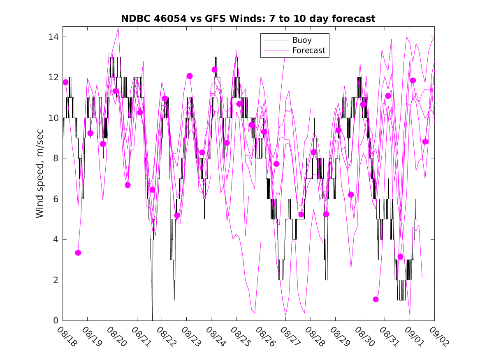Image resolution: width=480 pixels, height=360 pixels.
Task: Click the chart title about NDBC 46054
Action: (248, 19)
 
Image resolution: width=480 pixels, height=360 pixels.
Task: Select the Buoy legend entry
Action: (302, 40)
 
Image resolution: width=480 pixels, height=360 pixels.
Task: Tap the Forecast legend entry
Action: (308, 51)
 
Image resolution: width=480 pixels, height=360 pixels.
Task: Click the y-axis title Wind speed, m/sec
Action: (40, 173)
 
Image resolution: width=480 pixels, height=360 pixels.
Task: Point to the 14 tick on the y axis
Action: (55, 37)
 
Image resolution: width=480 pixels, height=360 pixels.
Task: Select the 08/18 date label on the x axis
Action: (67, 337)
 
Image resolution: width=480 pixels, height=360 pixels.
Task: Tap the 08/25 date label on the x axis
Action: (240, 337)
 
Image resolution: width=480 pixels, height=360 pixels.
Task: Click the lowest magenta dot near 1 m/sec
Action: (376, 299)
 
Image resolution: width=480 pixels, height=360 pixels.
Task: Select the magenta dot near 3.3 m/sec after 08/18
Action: (78, 253)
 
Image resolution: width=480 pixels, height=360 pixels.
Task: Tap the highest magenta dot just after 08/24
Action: (214, 70)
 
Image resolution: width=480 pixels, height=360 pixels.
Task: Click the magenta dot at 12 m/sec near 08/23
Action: (190, 76)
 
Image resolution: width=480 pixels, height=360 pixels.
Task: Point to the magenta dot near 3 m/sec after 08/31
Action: (400, 257)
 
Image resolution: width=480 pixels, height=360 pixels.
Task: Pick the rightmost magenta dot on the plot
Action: (425, 142)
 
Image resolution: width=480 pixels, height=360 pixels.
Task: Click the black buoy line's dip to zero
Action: (152, 319)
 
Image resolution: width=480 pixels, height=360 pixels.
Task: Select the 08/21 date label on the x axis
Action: (141, 337)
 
